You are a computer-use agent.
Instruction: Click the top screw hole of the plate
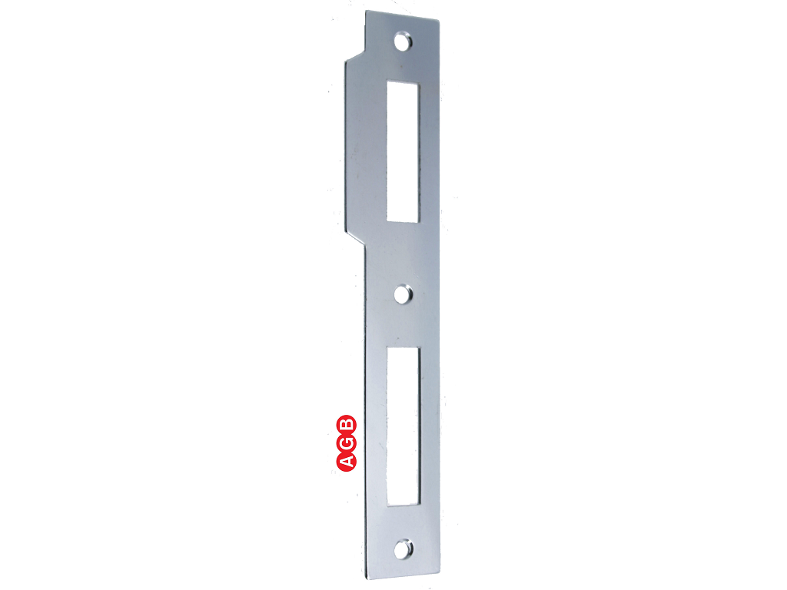coord(403,41)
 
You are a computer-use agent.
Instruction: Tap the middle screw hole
coord(403,294)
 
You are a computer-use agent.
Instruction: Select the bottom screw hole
coord(403,549)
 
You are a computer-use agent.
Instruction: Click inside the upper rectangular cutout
coord(403,151)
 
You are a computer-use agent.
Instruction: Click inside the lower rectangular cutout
coord(403,426)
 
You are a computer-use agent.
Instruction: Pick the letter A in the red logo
coord(347,462)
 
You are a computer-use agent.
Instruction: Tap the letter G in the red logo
coord(347,443)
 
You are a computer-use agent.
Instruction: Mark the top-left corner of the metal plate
coord(366,11)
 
